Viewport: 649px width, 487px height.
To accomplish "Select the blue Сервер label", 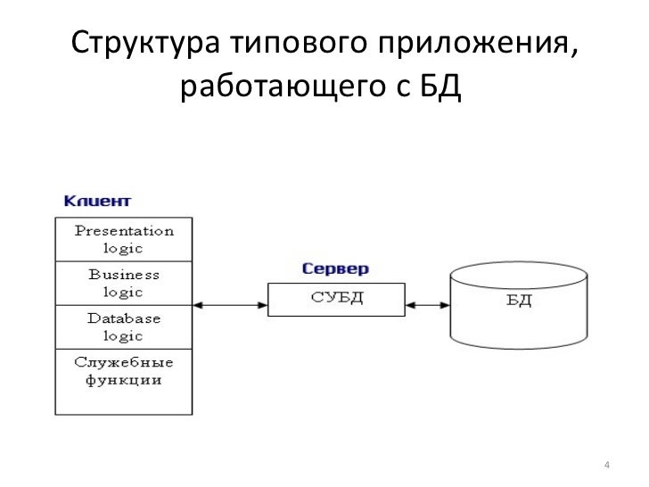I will point(334,268).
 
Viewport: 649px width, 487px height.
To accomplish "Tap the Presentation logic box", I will point(123,238).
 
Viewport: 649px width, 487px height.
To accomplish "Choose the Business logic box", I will point(123,284).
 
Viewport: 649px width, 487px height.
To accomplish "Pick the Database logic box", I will point(123,328).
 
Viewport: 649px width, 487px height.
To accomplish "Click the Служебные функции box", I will point(123,382).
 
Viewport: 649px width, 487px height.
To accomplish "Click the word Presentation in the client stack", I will point(124,230).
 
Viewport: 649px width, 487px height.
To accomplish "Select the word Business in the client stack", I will point(124,275).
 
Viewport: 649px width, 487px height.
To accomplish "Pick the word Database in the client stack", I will point(124,318).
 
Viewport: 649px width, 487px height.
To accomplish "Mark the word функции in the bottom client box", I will point(124,381).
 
